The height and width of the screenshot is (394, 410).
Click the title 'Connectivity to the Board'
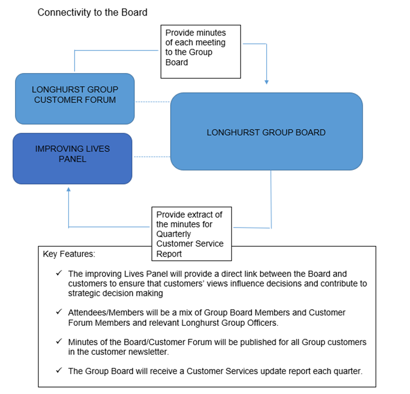click(92, 12)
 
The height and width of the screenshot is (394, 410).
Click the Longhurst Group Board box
click(266, 132)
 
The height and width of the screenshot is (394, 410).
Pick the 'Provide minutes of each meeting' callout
click(201, 50)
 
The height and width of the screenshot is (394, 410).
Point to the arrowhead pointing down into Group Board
click(266, 82)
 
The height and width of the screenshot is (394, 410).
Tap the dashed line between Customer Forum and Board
click(152, 101)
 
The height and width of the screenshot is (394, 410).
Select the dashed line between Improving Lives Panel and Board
click(151, 157)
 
